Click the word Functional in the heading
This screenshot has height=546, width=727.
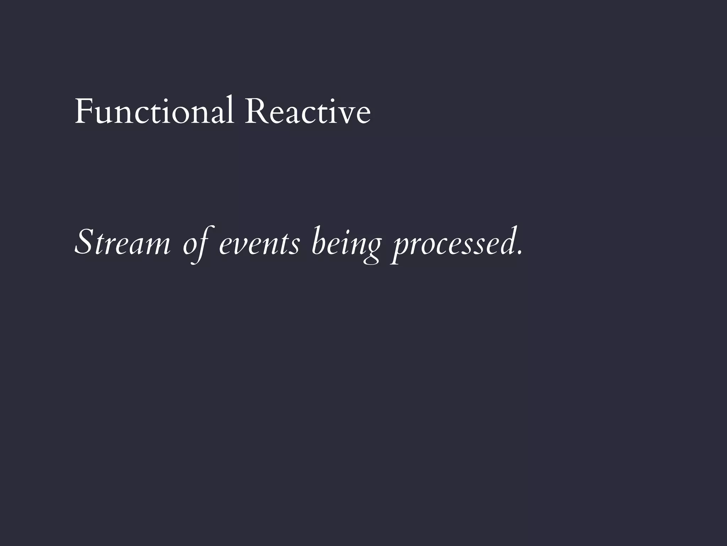pos(154,111)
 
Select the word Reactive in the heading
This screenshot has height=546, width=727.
pos(307,111)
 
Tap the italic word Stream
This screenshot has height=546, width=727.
pos(122,243)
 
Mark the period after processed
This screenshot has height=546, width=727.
pos(520,253)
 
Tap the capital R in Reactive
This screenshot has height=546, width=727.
pos(255,111)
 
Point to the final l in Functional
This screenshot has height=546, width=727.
pos(231,109)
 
